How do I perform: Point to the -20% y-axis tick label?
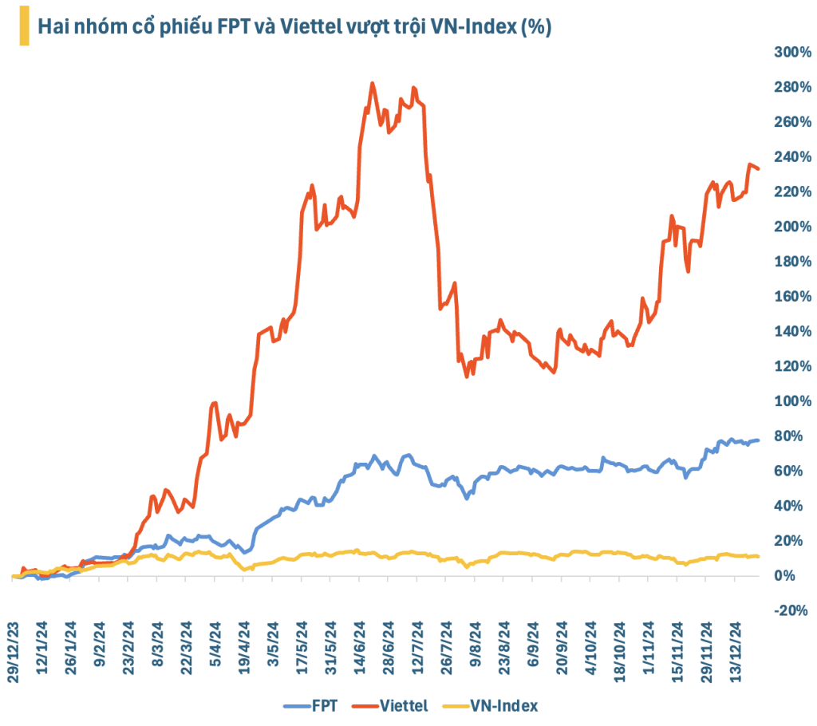point(792,610)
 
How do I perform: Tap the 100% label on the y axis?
point(792,400)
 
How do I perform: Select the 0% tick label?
point(798,575)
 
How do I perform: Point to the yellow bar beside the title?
point(24,26)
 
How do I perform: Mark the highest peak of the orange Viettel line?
point(373,83)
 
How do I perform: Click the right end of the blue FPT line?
point(758,440)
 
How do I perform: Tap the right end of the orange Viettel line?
point(758,168)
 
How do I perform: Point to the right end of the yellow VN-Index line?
point(758,556)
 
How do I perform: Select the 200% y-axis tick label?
point(792,227)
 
